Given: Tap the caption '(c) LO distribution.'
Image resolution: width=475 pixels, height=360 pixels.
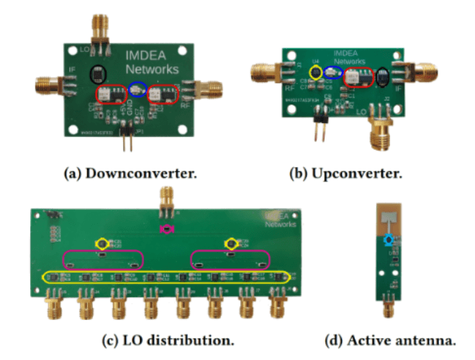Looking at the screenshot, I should pos(168,339).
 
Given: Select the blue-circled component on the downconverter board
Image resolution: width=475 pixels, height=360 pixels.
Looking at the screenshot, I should pos(137,89).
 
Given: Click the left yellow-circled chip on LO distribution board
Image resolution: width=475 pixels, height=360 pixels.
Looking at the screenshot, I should pos(102,244).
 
